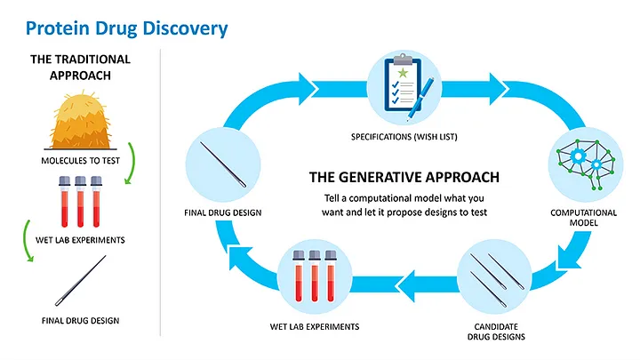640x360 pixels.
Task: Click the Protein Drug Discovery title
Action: pyautogui.click(x=127, y=28)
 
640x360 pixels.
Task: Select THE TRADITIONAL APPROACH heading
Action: pyautogui.click(x=80, y=68)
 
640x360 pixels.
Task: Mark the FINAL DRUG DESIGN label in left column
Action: pyautogui.click(x=80, y=320)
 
